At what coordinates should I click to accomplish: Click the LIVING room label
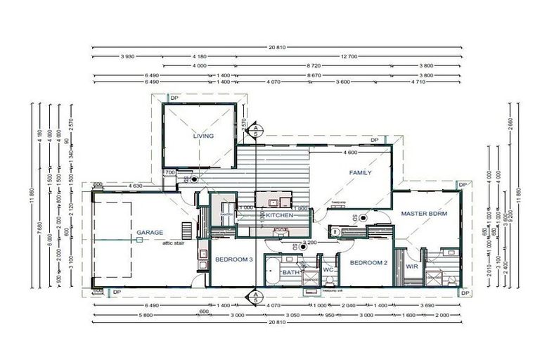pyautogui.click(x=203, y=136)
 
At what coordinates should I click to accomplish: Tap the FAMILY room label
pyautogui.click(x=361, y=172)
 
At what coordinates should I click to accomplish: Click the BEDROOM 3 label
pyautogui.click(x=233, y=259)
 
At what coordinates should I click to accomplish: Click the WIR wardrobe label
pyautogui.click(x=412, y=266)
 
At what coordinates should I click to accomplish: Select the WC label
pyautogui.click(x=328, y=269)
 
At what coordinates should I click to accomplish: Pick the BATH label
pyautogui.click(x=291, y=272)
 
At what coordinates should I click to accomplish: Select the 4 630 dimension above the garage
pyautogui.click(x=136, y=186)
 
